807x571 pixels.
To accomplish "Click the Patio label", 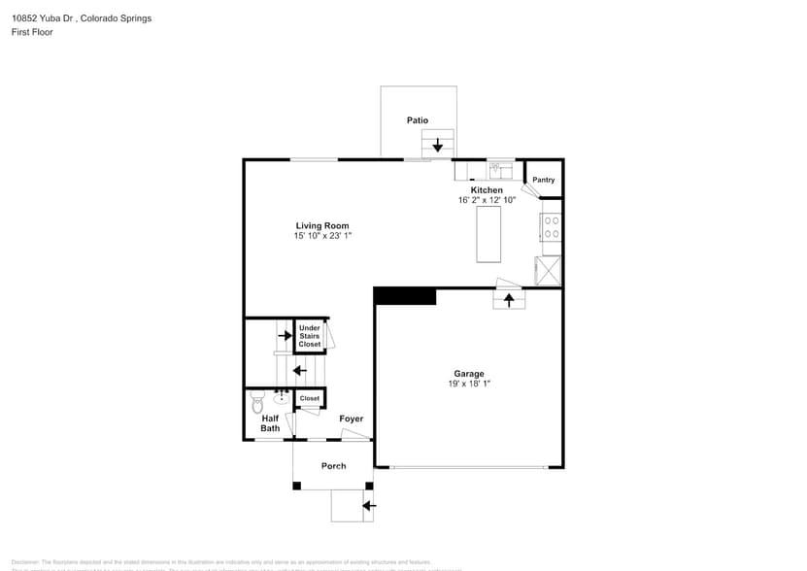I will [x=418, y=120].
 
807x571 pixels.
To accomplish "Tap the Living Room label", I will [x=322, y=225].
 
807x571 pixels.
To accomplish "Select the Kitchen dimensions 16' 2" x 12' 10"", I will [x=488, y=200].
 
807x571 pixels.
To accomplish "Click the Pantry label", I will [x=544, y=180].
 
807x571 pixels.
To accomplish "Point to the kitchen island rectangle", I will [x=488, y=234].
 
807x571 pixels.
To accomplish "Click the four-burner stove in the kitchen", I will [x=551, y=228].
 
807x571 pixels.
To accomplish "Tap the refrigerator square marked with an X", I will [x=549, y=269].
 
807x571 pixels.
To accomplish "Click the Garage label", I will [x=469, y=374].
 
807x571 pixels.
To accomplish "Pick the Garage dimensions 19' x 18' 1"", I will [x=469, y=384].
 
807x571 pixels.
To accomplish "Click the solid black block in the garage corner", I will [x=405, y=296].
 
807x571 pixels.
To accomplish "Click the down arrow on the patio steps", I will [x=438, y=146].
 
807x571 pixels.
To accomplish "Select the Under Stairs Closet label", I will [x=310, y=336].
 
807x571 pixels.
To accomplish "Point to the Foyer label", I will [x=352, y=419].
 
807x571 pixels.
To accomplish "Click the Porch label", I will [x=333, y=466].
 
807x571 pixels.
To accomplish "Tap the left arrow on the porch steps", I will [x=367, y=505].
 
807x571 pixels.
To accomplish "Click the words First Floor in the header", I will [x=33, y=32].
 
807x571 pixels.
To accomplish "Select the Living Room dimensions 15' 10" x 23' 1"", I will [x=322, y=236].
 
